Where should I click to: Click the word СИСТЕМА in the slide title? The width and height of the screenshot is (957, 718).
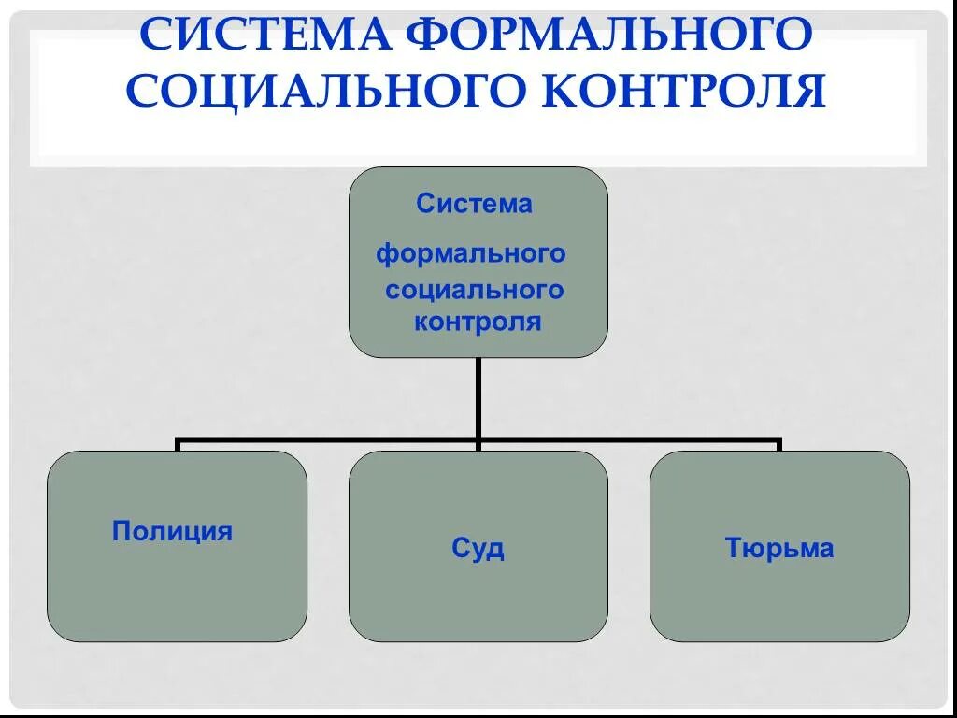pyautogui.click(x=264, y=36)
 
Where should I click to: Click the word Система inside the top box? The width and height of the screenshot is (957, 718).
pyautogui.click(x=474, y=204)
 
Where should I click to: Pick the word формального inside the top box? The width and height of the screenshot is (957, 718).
pyautogui.click(x=471, y=253)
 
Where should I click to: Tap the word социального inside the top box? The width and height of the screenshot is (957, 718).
pyautogui.click(x=475, y=290)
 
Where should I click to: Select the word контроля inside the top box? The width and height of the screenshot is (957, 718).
pyautogui.click(x=478, y=323)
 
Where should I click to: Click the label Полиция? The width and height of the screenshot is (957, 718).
pyautogui.click(x=172, y=533)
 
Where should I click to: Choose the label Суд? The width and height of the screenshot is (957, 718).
pyautogui.click(x=478, y=548)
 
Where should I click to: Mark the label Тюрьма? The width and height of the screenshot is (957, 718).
pyautogui.click(x=778, y=549)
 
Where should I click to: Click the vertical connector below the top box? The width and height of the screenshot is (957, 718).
pyautogui.click(x=478, y=397)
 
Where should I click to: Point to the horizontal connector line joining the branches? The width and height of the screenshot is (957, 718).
pyautogui.click(x=327, y=438)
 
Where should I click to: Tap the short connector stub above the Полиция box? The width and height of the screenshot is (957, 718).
pyautogui.click(x=178, y=445)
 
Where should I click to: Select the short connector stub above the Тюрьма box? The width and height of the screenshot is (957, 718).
pyautogui.click(x=779, y=445)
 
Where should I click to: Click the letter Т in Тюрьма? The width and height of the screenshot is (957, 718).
pyautogui.click(x=733, y=549)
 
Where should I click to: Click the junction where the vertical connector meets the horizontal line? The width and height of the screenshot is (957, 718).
pyautogui.click(x=478, y=438)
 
